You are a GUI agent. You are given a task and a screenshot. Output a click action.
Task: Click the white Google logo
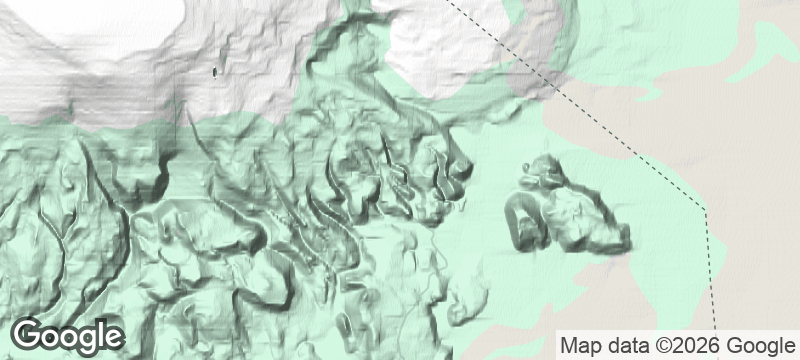(x=68, y=336)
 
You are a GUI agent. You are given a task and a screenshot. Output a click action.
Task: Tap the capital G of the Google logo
(x=30, y=335)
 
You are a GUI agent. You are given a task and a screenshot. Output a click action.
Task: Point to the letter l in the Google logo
(x=100, y=334)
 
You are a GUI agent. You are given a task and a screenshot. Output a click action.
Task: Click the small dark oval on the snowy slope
(x=217, y=71)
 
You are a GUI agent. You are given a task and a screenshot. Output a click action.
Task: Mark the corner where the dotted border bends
(x=705, y=210)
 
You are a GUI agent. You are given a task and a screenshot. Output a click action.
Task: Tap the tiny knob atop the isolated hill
(x=545, y=165)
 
